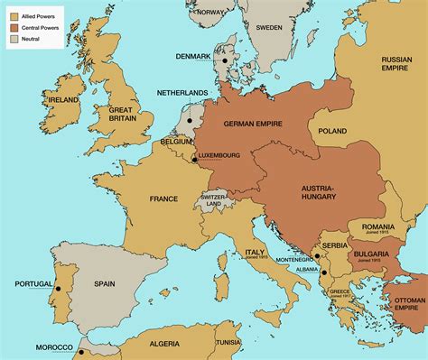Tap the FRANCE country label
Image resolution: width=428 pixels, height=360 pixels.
click(163, 198)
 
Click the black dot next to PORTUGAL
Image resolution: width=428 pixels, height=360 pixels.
click(59, 289)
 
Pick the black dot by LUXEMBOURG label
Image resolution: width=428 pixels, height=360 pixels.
click(193, 160)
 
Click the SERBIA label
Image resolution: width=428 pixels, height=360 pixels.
click(336, 244)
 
